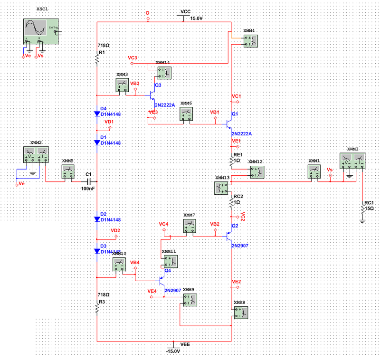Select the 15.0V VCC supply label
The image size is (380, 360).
click(x=196, y=18)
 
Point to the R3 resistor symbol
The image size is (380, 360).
click(x=96, y=308)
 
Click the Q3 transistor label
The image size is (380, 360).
click(x=158, y=85)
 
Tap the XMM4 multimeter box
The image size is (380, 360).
click(x=250, y=41)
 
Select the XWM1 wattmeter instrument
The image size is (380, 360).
click(x=353, y=161)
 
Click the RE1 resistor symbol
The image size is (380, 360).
click(x=231, y=161)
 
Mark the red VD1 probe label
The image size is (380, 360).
click(x=109, y=122)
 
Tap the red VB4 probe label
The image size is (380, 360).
click(x=134, y=262)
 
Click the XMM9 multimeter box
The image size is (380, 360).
click(x=190, y=299)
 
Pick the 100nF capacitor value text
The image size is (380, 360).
click(x=88, y=189)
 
